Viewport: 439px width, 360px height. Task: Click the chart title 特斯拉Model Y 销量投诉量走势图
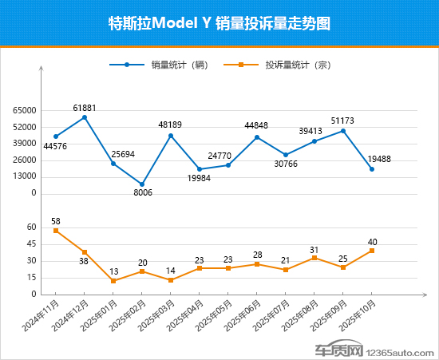click(x=219, y=23)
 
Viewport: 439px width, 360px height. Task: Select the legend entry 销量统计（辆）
click(x=167, y=65)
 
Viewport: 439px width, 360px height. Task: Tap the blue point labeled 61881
click(x=85, y=117)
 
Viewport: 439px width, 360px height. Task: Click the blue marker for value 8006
click(x=142, y=184)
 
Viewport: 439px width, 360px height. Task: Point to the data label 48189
click(x=171, y=125)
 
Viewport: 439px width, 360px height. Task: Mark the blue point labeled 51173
click(x=343, y=131)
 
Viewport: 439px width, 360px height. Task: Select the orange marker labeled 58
click(x=56, y=230)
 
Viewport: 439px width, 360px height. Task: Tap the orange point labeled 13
click(x=113, y=281)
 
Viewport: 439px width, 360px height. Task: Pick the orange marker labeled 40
click(x=372, y=251)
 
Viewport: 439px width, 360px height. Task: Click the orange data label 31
click(x=314, y=250)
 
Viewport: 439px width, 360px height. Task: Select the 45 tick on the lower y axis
click(x=31, y=244)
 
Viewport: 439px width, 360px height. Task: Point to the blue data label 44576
click(x=56, y=146)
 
